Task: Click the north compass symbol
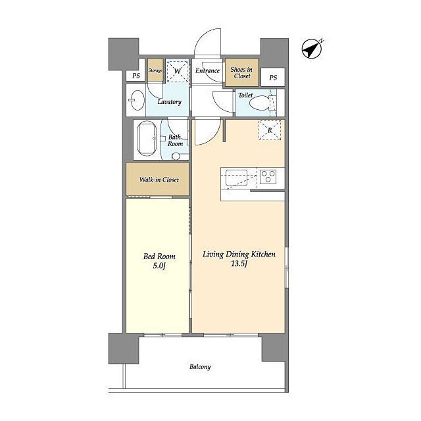coord(311,49)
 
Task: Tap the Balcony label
coord(200,367)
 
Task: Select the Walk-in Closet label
coord(159,180)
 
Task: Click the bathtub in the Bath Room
coord(147,139)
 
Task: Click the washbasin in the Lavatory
coord(137,100)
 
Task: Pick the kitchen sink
coord(236,178)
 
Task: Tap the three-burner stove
coord(268,177)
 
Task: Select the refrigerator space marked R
coord(270,130)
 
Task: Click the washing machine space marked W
coord(177,72)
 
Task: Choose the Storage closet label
coord(155,70)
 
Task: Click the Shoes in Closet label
coord(241,73)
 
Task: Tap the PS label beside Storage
coord(136,76)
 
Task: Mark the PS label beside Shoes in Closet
coord(273,78)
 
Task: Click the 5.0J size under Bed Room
coord(159,266)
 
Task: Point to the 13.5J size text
coord(239,264)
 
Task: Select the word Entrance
coord(208,70)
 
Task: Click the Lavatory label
coord(170,102)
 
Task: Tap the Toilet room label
coord(245,95)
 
